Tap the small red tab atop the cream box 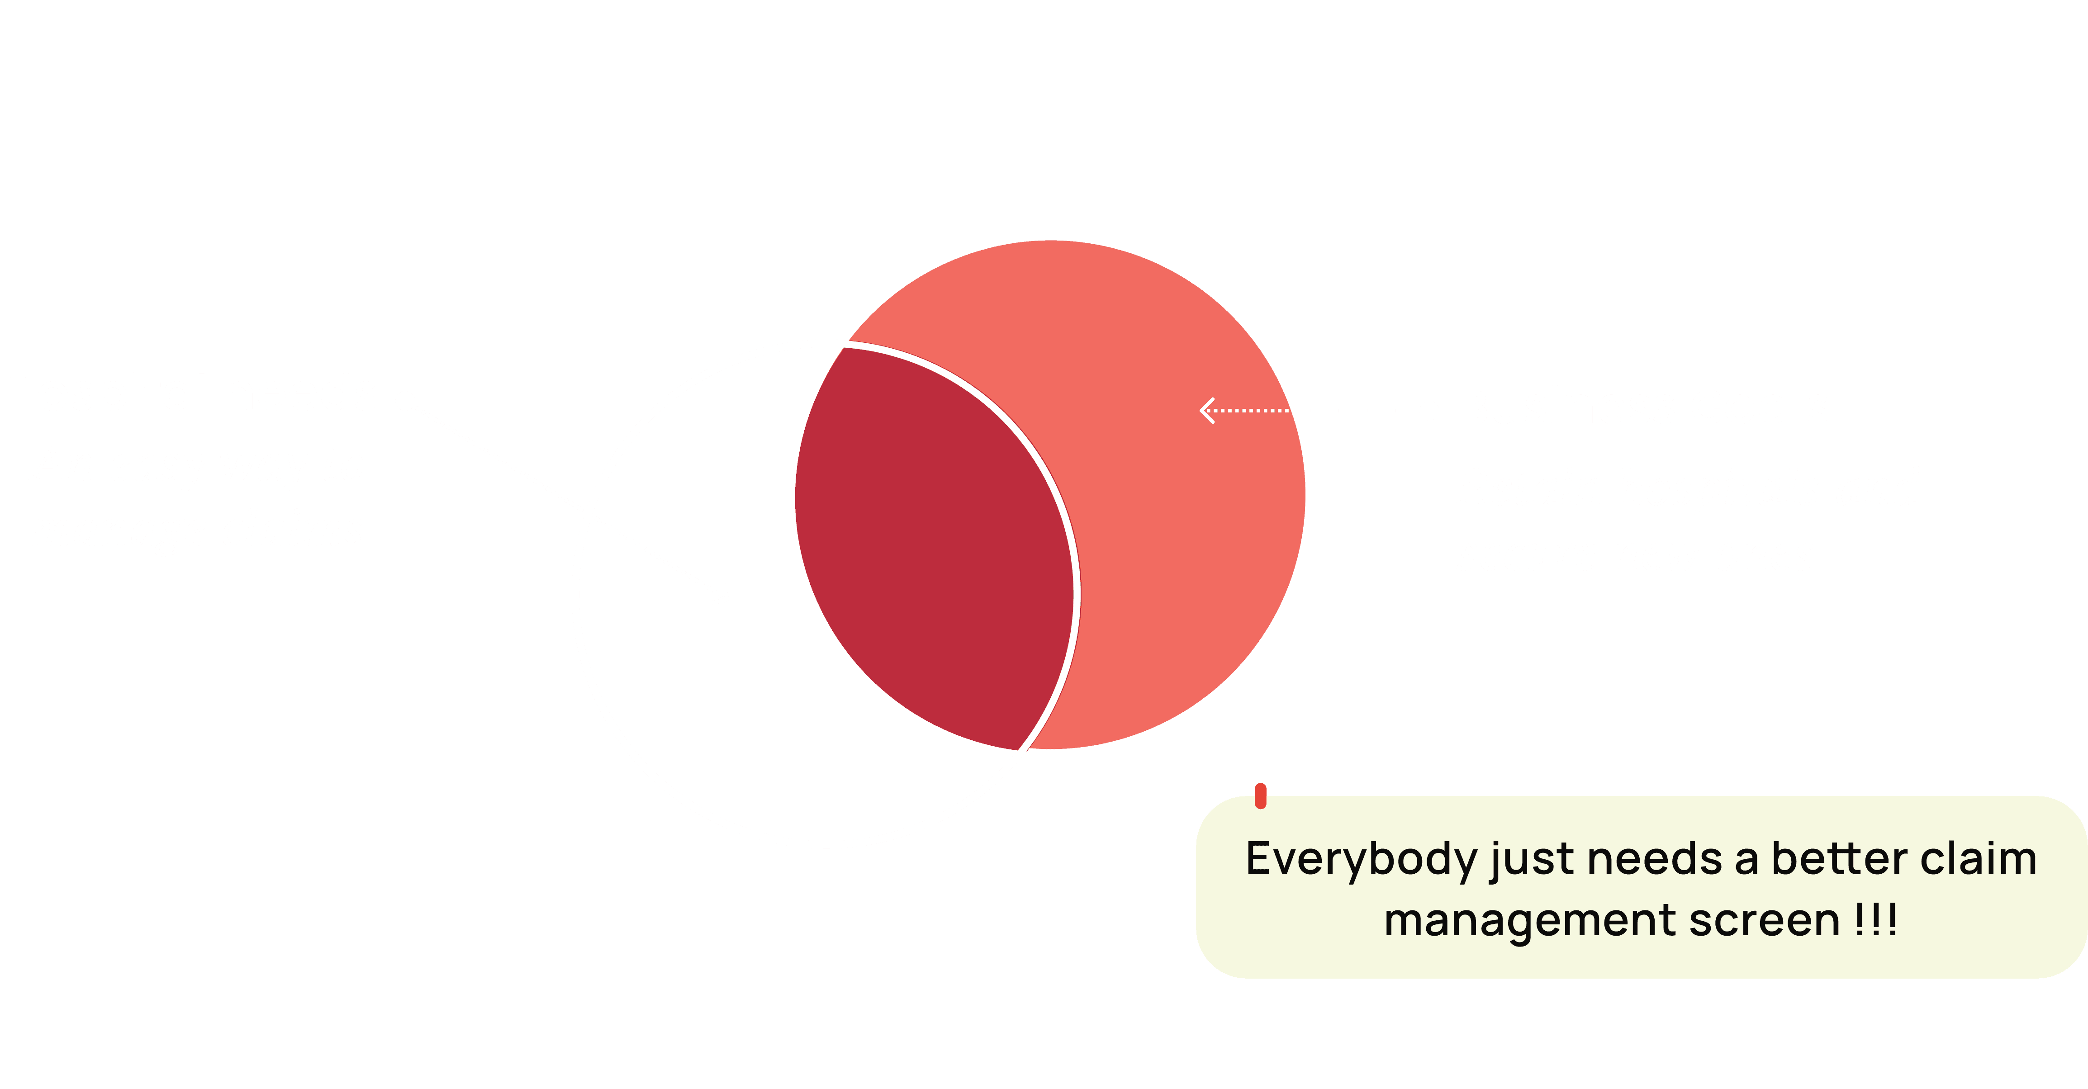pos(1260,795)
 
